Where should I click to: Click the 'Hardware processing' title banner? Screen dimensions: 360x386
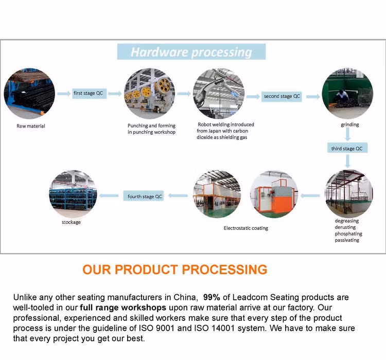pyautogui.click(x=191, y=52)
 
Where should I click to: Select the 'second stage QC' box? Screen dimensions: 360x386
pyautogui.click(x=282, y=96)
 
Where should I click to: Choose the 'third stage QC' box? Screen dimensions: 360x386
pyautogui.click(x=346, y=149)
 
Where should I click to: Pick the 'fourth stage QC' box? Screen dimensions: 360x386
pyautogui.click(x=145, y=196)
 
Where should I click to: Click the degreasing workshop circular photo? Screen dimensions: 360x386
pyautogui.click(x=348, y=193)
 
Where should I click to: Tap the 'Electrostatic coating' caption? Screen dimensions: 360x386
pyautogui.click(x=245, y=228)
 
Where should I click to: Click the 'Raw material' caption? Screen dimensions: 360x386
pyautogui.click(x=31, y=126)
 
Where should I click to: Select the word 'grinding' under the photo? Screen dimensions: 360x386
pyautogui.click(x=349, y=124)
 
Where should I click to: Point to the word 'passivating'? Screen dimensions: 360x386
pyautogui.click(x=347, y=240)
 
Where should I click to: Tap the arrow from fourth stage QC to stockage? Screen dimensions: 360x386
pyautogui.click(x=109, y=196)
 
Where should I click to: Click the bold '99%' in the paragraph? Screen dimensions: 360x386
pyautogui.click(x=213, y=297)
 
